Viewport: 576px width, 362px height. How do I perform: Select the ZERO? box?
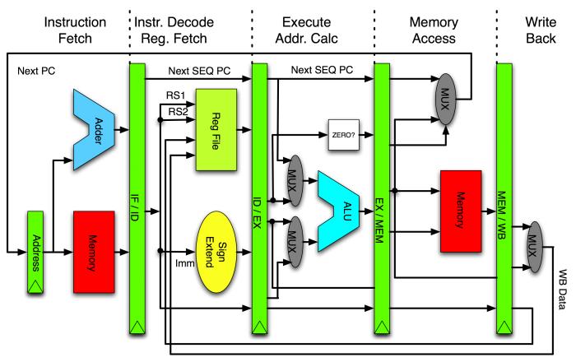(x=343, y=135)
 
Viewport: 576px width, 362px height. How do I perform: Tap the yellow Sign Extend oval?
(x=216, y=252)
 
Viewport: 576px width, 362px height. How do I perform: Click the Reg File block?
(x=216, y=130)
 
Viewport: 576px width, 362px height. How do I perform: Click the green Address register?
(x=35, y=253)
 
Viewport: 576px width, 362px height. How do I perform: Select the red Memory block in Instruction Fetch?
(x=94, y=252)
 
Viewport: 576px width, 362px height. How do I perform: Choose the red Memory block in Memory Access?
(x=461, y=211)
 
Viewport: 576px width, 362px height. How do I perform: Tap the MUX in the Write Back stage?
(x=535, y=247)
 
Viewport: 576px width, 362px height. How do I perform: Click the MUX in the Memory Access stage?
(x=445, y=99)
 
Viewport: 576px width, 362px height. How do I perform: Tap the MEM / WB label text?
(x=501, y=216)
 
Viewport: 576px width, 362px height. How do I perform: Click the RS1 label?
(x=175, y=95)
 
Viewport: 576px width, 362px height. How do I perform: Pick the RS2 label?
(x=179, y=111)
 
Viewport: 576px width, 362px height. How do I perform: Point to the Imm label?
(x=185, y=263)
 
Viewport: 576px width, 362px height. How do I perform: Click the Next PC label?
(x=36, y=71)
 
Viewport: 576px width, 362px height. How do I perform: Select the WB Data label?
(x=562, y=290)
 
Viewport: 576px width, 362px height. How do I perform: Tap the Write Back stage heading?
(x=541, y=30)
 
